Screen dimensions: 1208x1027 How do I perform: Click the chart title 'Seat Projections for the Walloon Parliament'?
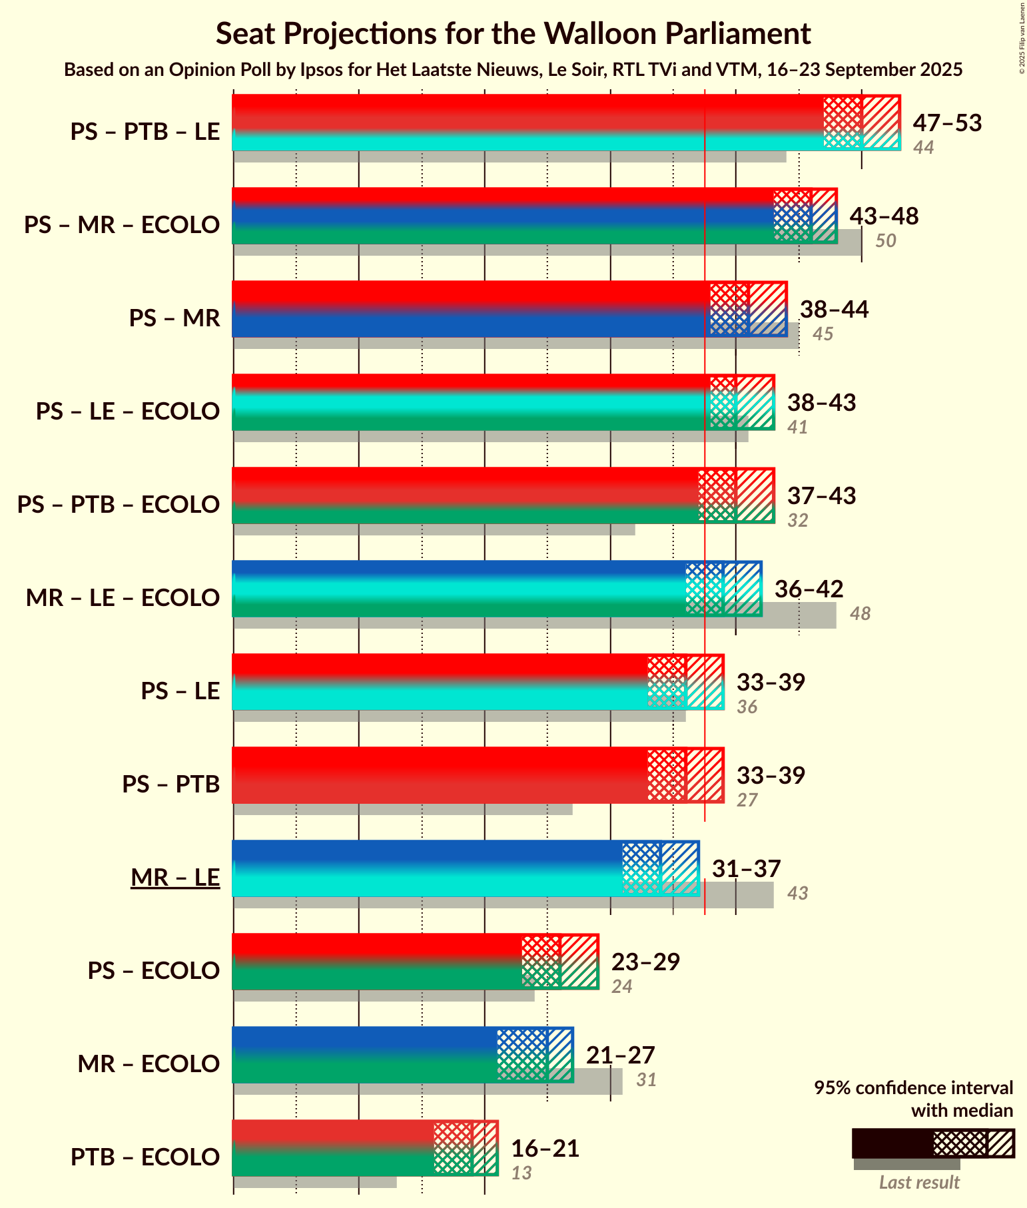coord(513,33)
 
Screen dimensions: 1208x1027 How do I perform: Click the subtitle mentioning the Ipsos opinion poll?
coord(513,70)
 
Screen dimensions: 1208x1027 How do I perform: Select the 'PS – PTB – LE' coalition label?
coord(145,132)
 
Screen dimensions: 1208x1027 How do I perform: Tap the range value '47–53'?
coord(947,123)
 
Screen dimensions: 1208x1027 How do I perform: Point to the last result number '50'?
coord(885,241)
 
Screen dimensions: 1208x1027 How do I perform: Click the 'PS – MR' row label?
coord(174,318)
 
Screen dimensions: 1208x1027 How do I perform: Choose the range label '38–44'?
coord(834,310)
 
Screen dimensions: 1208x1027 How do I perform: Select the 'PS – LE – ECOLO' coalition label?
coord(128,412)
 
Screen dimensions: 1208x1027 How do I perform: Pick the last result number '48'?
coord(860,614)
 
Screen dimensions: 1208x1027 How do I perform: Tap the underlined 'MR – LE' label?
coord(175,878)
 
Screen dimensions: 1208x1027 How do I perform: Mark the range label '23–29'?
coord(645,962)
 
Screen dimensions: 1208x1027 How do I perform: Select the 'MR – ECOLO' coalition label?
coord(149,1064)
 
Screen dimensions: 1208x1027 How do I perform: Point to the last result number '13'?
coord(521,1173)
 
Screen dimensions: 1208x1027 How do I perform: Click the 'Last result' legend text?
coord(919,1183)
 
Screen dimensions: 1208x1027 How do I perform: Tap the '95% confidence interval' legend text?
coord(913,1088)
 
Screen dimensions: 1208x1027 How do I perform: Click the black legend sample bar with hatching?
coord(932,1143)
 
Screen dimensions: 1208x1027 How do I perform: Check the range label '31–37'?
coord(746,869)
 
